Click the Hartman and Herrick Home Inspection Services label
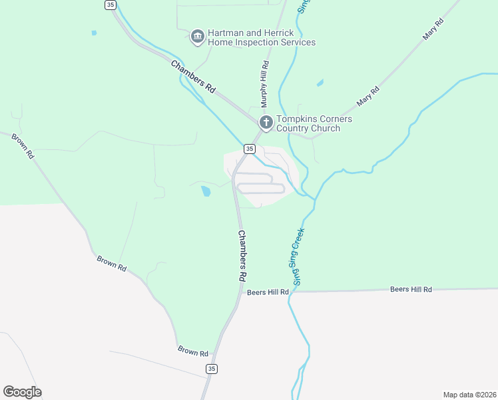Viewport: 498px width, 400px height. pyautogui.click(x=262, y=37)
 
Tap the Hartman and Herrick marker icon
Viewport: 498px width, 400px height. pyautogui.click(x=197, y=37)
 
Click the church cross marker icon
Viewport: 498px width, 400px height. pyautogui.click(x=266, y=123)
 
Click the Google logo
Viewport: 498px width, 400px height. pyautogui.click(x=22, y=392)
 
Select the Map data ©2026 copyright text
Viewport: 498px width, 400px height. pyautogui.click(x=470, y=395)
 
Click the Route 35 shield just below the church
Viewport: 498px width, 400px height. pyautogui.click(x=249, y=149)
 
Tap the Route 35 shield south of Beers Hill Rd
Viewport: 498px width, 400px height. pyautogui.click(x=212, y=369)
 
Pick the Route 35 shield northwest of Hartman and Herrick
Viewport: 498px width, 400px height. pyautogui.click(x=110, y=5)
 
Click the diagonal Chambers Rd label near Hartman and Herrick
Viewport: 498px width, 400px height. pyautogui.click(x=194, y=77)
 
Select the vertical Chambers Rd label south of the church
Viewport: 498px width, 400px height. pyautogui.click(x=242, y=256)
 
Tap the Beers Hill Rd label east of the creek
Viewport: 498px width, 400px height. pyautogui.click(x=411, y=289)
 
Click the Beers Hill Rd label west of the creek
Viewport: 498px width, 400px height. pyautogui.click(x=268, y=292)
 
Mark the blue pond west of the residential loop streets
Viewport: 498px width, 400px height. pyautogui.click(x=206, y=191)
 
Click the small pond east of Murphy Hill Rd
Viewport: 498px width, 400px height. pyautogui.click(x=321, y=83)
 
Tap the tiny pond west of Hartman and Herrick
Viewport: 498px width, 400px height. pyautogui.click(x=94, y=33)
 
